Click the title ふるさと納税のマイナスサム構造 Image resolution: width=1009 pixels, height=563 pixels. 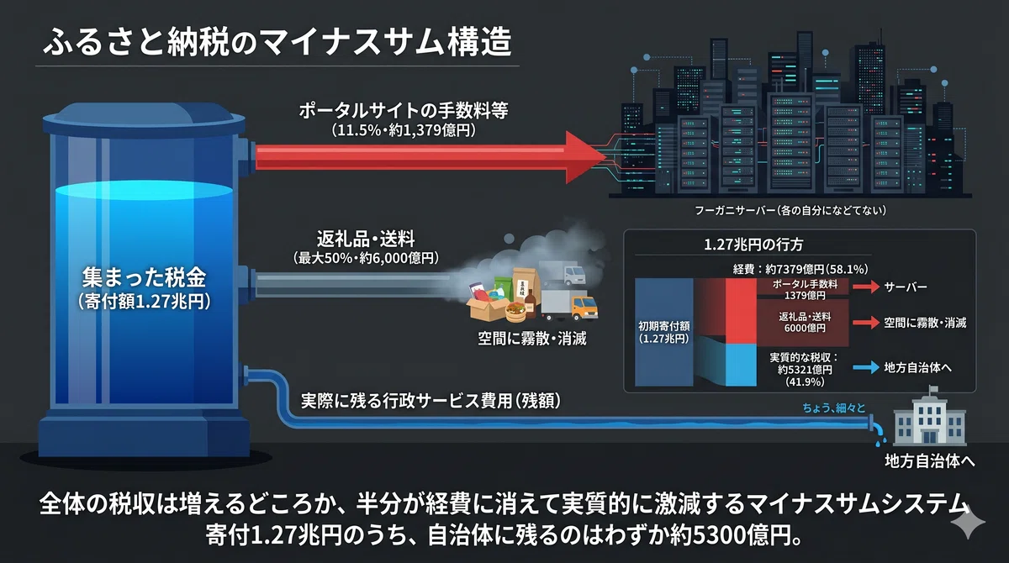tap(277, 42)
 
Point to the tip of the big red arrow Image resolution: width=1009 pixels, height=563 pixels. tap(606, 157)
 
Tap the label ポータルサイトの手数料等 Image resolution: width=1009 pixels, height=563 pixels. tap(404, 111)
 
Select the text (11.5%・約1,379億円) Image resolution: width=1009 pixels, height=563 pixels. tap(404, 130)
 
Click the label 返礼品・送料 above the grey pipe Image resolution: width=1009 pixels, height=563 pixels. tap(366, 239)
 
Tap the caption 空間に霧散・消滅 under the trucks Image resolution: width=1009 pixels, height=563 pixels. tap(532, 339)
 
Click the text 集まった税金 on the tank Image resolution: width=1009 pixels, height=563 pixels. tap(144, 276)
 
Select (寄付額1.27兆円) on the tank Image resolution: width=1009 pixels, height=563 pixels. tap(144, 302)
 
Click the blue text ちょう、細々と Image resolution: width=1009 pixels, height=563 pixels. tap(834, 408)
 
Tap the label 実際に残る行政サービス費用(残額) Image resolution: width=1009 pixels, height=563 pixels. tap(431, 401)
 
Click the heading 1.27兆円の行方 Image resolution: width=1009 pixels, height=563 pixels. tap(753, 245)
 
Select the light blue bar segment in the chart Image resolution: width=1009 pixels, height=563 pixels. tap(741, 365)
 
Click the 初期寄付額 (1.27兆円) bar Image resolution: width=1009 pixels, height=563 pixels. tap(664, 332)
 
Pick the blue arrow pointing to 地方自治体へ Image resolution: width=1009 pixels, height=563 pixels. tap(866, 367)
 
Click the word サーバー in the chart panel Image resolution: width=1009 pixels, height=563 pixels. tap(906, 287)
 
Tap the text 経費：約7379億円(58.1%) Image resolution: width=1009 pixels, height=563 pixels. tap(800, 269)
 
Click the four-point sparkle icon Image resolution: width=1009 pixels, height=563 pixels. tap(968, 523)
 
